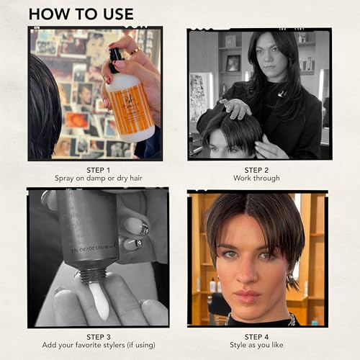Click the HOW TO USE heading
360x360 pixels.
[x=81, y=14]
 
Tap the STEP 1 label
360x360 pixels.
[x=99, y=170]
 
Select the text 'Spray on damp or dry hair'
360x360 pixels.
[x=99, y=179]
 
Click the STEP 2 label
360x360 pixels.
[x=256, y=170]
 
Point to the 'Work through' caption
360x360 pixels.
[x=256, y=178]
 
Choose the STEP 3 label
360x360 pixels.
[x=99, y=337]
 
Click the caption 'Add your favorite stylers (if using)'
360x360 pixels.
[x=99, y=345]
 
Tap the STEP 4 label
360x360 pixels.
[x=256, y=337]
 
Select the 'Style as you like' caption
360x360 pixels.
[x=256, y=345]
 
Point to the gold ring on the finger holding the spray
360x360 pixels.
[x=135, y=51]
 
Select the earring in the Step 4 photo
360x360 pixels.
[x=291, y=280]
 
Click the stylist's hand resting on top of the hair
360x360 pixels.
[x=235, y=108]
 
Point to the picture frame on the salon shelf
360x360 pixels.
[x=233, y=63]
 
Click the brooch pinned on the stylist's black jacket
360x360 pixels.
[x=282, y=94]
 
